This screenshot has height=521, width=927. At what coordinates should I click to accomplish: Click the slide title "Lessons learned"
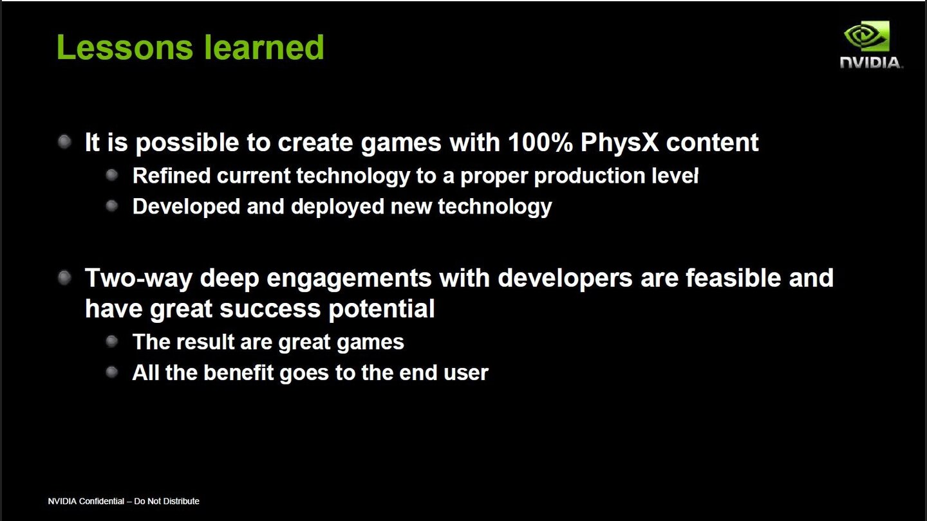pos(190,48)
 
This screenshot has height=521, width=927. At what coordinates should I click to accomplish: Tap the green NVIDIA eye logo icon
pos(866,37)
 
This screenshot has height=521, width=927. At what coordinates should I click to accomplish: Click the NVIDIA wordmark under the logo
pos(871,62)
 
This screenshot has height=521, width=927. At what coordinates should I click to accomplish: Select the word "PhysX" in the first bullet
pos(619,142)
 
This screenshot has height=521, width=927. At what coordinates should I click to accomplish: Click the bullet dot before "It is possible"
pos(64,142)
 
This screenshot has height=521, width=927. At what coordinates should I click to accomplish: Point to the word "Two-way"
pos(138,278)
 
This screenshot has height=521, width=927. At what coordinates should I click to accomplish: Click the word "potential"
pos(382,309)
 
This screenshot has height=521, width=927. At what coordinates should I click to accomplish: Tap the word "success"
pos(270,309)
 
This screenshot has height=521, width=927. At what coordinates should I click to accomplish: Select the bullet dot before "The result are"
pos(112,341)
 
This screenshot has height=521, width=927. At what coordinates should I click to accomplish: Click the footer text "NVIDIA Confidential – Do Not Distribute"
pos(124,501)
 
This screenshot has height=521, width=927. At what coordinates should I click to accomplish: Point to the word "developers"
pos(565,278)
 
